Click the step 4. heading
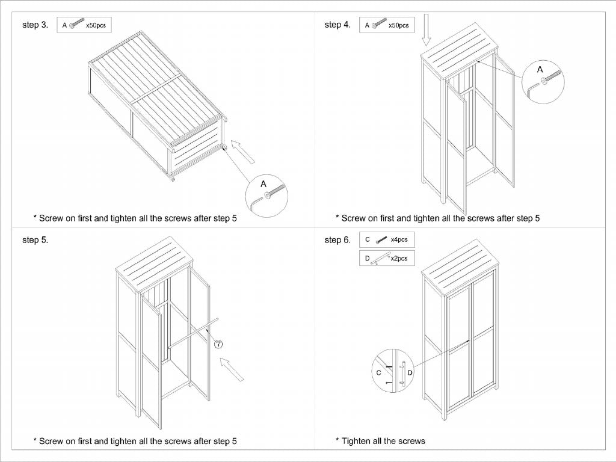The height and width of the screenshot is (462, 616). [x=337, y=25]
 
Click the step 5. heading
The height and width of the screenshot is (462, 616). [x=35, y=240]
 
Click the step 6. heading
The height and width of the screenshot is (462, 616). [x=337, y=240]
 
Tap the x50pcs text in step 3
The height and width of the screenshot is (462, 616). [x=96, y=25]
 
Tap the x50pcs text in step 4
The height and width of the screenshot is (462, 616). [x=398, y=25]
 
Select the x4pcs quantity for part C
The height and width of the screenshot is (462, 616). [x=399, y=239]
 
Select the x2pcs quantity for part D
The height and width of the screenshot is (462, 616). [x=399, y=258]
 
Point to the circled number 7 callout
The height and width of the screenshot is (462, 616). [x=218, y=343]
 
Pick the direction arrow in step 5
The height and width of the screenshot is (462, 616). [x=232, y=368]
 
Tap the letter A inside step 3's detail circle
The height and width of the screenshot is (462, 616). [x=263, y=182]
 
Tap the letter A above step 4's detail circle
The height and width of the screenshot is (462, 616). [x=540, y=70]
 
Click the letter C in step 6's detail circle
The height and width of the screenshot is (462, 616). [x=378, y=374]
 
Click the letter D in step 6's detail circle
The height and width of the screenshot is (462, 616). [x=410, y=374]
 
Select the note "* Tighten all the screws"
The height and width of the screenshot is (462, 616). [x=380, y=441]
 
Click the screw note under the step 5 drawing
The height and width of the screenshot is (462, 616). [x=135, y=441]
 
